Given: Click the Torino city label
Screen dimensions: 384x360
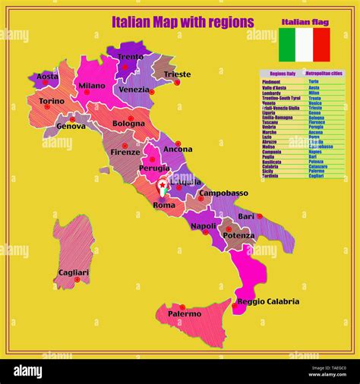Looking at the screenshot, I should [x=52, y=101].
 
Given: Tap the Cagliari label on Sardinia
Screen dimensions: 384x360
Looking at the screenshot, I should [x=74, y=272].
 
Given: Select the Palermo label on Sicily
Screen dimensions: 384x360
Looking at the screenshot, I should [x=185, y=313].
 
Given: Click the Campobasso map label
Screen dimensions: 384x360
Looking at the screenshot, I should [x=223, y=193].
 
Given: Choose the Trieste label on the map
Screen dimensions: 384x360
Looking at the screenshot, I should [x=177, y=74].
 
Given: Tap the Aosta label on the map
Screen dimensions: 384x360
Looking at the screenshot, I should [x=48, y=77].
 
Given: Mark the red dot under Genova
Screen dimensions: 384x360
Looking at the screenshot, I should [x=73, y=119].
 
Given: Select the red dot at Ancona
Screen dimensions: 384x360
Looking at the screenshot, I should [x=178, y=143].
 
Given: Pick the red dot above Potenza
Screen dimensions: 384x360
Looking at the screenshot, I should [x=228, y=228].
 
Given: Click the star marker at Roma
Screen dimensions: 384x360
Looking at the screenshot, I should [x=162, y=184].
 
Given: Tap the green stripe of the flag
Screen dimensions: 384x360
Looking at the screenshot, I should [x=287, y=44].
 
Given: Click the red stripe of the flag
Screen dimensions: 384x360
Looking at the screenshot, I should [x=322, y=44].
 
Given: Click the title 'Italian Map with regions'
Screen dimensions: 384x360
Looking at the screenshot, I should [x=182, y=22].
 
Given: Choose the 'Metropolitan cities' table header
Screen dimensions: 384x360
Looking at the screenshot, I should [x=324, y=74].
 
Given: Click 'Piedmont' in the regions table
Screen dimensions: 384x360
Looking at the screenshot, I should [x=270, y=80].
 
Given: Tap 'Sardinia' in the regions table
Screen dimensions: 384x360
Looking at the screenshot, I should [x=270, y=176].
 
